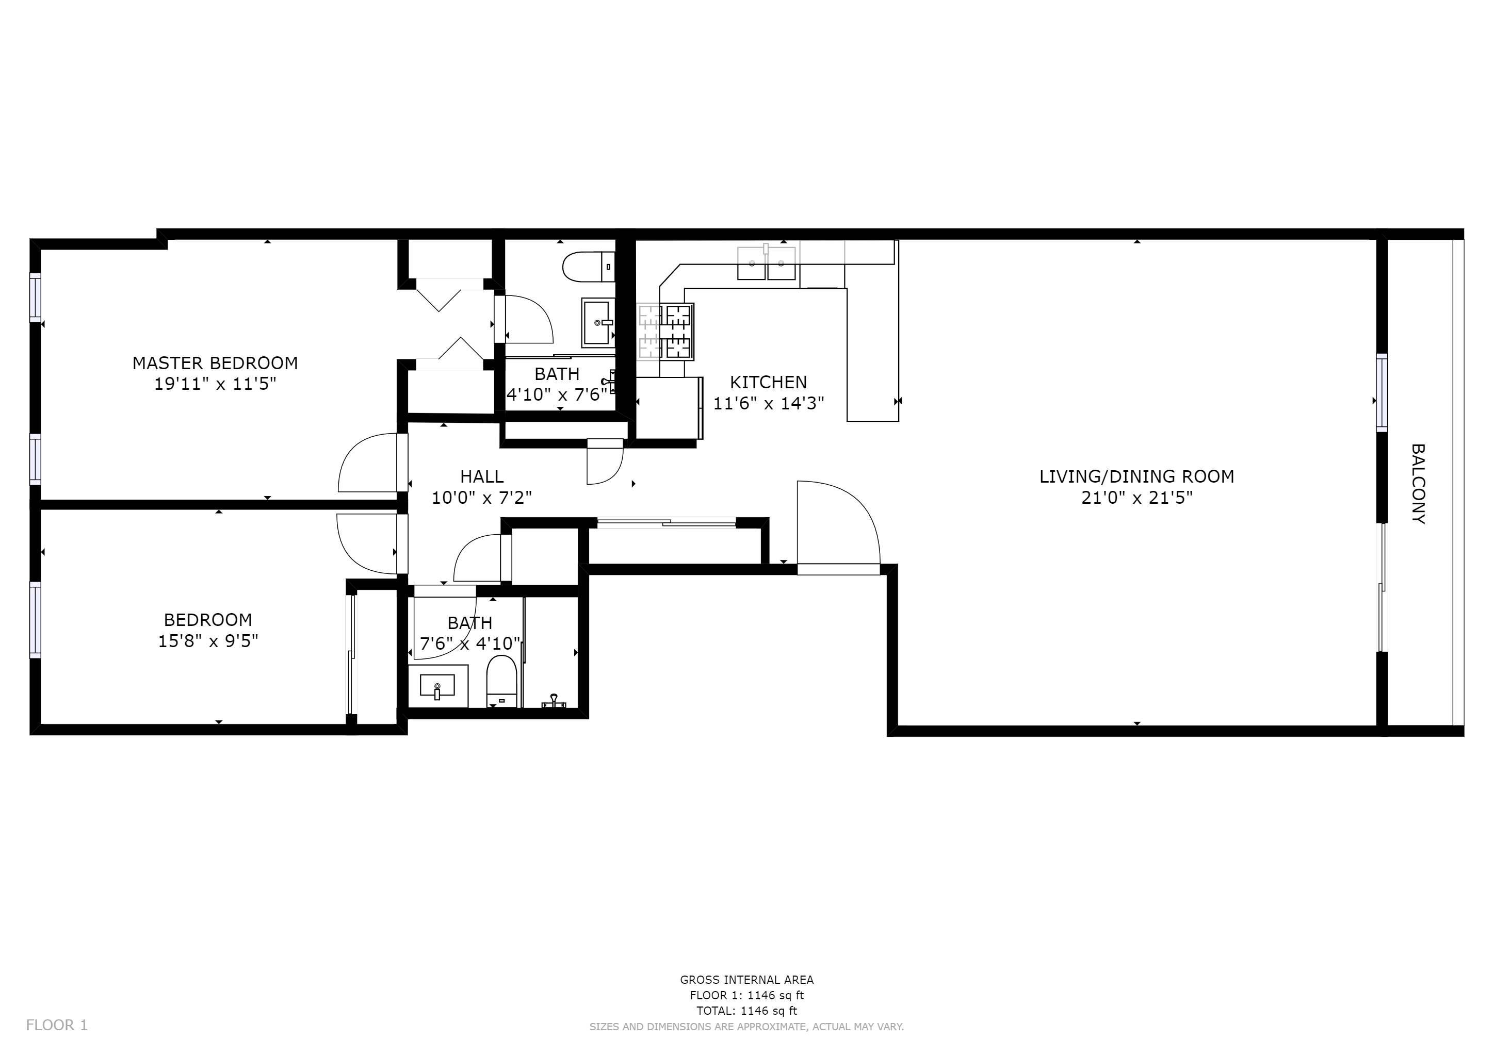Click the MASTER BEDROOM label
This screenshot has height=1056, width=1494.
pos(215,363)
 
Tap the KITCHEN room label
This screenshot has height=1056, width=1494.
pos(769,383)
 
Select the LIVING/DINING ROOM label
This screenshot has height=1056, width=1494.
pos(1137,476)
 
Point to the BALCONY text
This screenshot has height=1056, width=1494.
pos(1419,484)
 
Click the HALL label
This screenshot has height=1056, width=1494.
pos(482,476)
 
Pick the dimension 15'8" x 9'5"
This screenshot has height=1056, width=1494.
pos(208,641)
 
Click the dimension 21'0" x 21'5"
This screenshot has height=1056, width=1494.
pos(1137,498)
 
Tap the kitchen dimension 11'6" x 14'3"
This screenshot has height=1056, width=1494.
pos(769,404)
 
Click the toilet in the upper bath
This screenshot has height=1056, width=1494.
pos(589,267)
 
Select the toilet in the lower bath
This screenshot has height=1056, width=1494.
pos(501,681)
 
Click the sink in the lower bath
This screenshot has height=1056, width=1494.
pos(437,686)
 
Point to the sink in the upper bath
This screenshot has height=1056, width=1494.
pos(598,322)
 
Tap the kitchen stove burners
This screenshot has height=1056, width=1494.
pos(665,332)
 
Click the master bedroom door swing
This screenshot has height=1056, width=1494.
pos(368,463)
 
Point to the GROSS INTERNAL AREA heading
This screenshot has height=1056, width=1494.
pos(747,980)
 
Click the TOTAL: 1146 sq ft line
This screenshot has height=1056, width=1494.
pos(747,1011)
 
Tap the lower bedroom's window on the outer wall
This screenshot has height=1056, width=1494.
pos(35,620)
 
